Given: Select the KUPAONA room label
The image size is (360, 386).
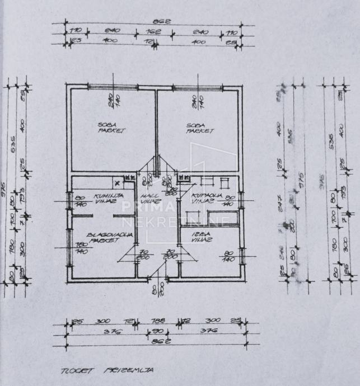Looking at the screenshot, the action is [206, 195].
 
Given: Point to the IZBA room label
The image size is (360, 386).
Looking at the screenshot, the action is [203, 234].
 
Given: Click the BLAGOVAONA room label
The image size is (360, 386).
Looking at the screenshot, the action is [104, 234].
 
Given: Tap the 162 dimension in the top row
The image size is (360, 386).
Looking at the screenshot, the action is [154, 32].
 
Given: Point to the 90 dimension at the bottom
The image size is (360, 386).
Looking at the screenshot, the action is [157, 331].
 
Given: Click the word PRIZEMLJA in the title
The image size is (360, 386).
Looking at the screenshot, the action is [120, 370].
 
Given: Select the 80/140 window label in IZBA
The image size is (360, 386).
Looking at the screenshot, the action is [228, 256].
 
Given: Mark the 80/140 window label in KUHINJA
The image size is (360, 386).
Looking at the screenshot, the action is [81, 200].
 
